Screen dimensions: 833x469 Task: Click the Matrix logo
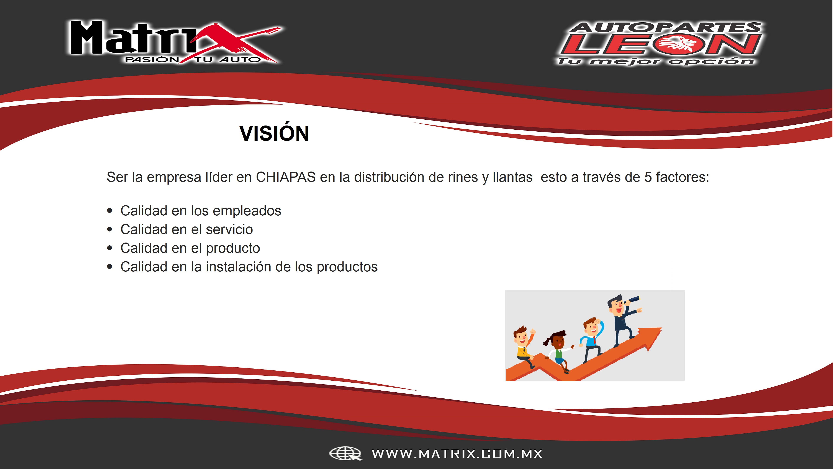175,42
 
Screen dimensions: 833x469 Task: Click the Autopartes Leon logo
660,43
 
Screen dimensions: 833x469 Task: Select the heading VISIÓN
274,133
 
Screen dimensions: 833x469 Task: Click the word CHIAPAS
286,177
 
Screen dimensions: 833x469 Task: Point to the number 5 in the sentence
648,177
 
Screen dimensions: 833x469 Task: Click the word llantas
512,177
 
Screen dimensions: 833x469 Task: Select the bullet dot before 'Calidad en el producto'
110,248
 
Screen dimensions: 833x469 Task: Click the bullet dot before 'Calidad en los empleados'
110,211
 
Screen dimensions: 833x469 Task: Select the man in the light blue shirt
592,340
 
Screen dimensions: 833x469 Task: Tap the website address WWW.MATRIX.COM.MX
457,454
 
